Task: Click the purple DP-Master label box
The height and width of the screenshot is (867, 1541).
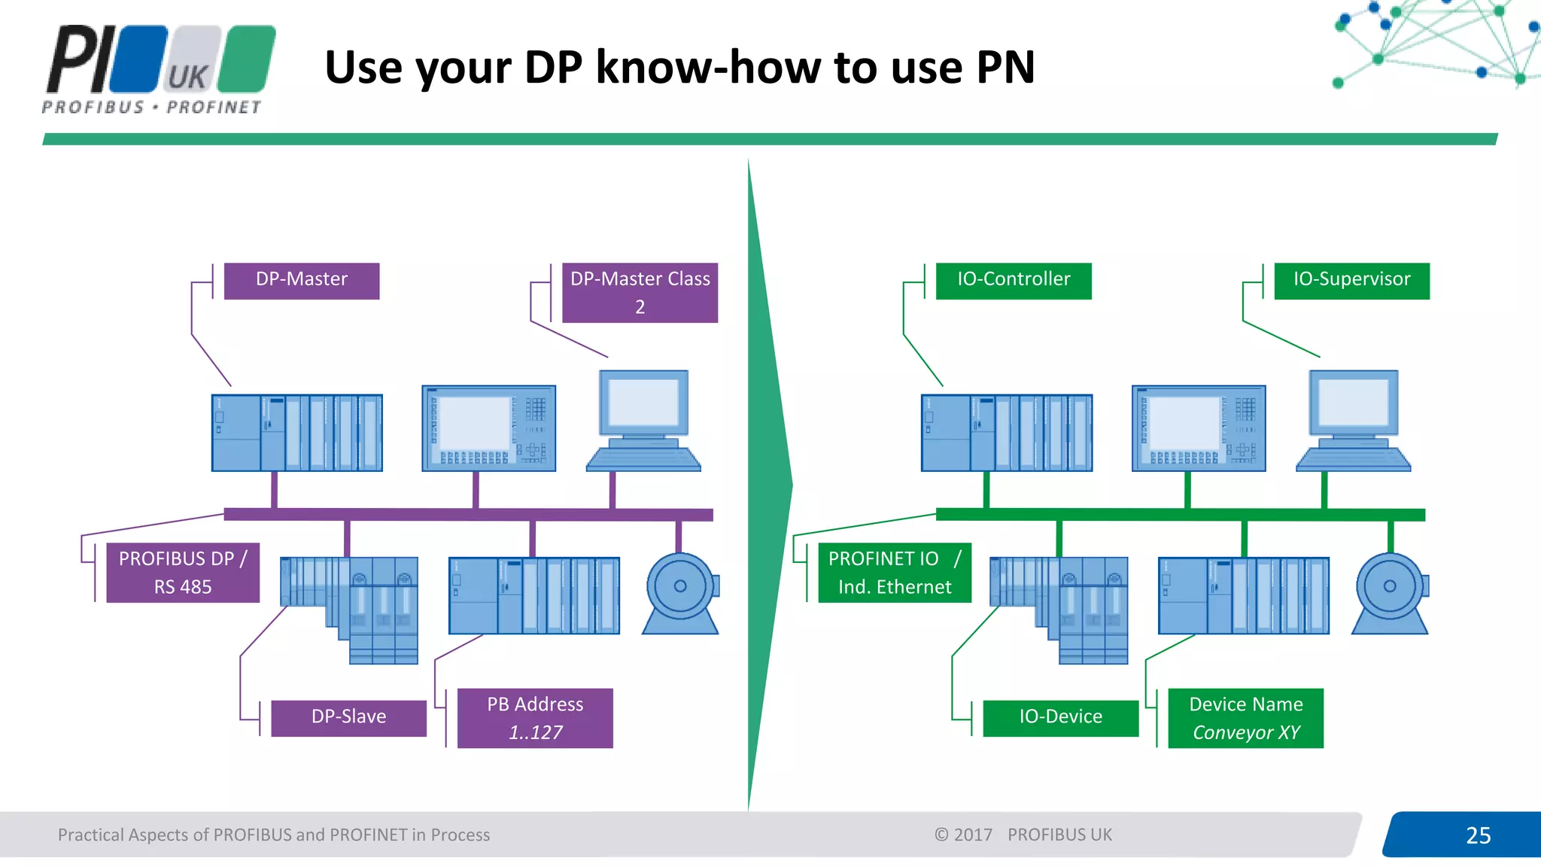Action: (x=302, y=281)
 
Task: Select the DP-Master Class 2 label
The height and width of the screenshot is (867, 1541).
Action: (x=640, y=293)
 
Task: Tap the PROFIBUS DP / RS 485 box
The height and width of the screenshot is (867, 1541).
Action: (x=183, y=573)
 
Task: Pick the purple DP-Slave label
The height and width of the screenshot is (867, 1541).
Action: (x=348, y=718)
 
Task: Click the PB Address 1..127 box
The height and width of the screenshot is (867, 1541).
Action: (x=535, y=718)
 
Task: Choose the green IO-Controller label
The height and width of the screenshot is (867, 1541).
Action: (x=1013, y=281)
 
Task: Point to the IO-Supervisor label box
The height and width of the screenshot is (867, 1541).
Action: (x=1351, y=281)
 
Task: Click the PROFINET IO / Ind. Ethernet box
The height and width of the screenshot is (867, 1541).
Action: (x=894, y=573)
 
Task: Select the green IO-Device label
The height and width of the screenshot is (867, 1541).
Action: (x=1060, y=718)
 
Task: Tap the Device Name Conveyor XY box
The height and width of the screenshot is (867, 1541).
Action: (x=1245, y=718)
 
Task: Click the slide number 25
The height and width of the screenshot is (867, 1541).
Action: (x=1478, y=835)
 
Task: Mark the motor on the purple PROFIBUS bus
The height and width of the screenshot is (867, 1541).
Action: (x=680, y=594)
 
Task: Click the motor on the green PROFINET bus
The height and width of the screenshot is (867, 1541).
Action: (x=1390, y=594)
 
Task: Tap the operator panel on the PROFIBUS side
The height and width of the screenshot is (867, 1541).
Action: (x=488, y=428)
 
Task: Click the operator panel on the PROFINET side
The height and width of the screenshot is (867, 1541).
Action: (x=1199, y=428)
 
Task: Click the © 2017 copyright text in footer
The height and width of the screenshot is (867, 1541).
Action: (x=963, y=835)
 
